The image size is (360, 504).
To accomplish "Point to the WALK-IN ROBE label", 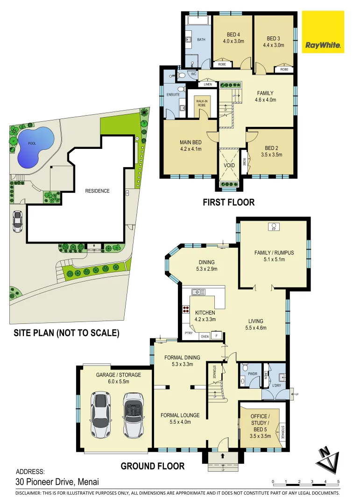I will pos(201,102).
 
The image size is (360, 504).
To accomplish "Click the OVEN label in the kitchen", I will pos(205,336).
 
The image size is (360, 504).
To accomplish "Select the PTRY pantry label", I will pos(189,333).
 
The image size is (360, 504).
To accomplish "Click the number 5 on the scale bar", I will pos(338,481).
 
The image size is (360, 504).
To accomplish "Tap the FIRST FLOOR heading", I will pos(228,203).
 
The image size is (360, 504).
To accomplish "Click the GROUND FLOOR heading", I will pos(153,466).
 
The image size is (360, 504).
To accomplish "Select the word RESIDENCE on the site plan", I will pos(97,191).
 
